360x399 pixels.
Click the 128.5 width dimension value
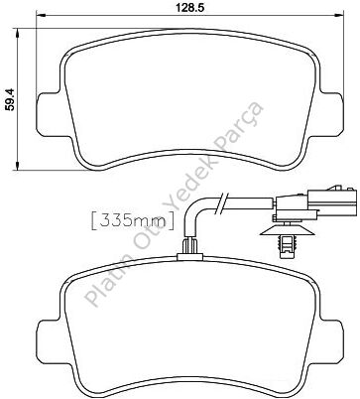coord(190,8)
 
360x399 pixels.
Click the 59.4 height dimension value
coord(10,99)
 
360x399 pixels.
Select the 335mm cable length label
coord(132,221)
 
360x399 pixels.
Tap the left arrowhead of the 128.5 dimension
coord(41,16)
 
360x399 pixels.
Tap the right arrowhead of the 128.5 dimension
coord(339,16)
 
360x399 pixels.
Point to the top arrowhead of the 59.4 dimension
coord(18,33)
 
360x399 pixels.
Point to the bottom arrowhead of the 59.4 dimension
coord(18,166)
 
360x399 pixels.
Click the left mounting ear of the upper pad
coord(49,114)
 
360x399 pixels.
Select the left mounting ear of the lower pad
coord(49,341)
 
